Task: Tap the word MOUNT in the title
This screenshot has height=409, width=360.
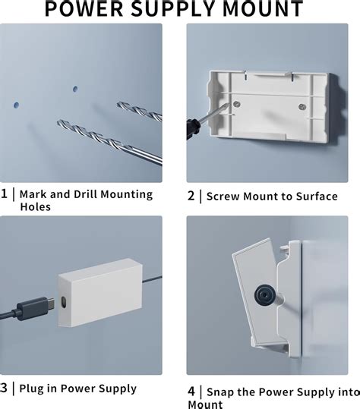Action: coord(261,9)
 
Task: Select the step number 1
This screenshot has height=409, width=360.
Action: coord(5,193)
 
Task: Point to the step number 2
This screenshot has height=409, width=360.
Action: coord(192,196)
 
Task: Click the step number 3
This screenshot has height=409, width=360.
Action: coord(5,388)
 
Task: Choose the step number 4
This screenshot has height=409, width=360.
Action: coord(192,392)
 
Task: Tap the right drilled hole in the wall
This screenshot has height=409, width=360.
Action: coord(74,89)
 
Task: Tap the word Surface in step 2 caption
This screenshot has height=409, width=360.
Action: coord(311,196)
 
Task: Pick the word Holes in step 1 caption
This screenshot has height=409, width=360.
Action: coord(36,206)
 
